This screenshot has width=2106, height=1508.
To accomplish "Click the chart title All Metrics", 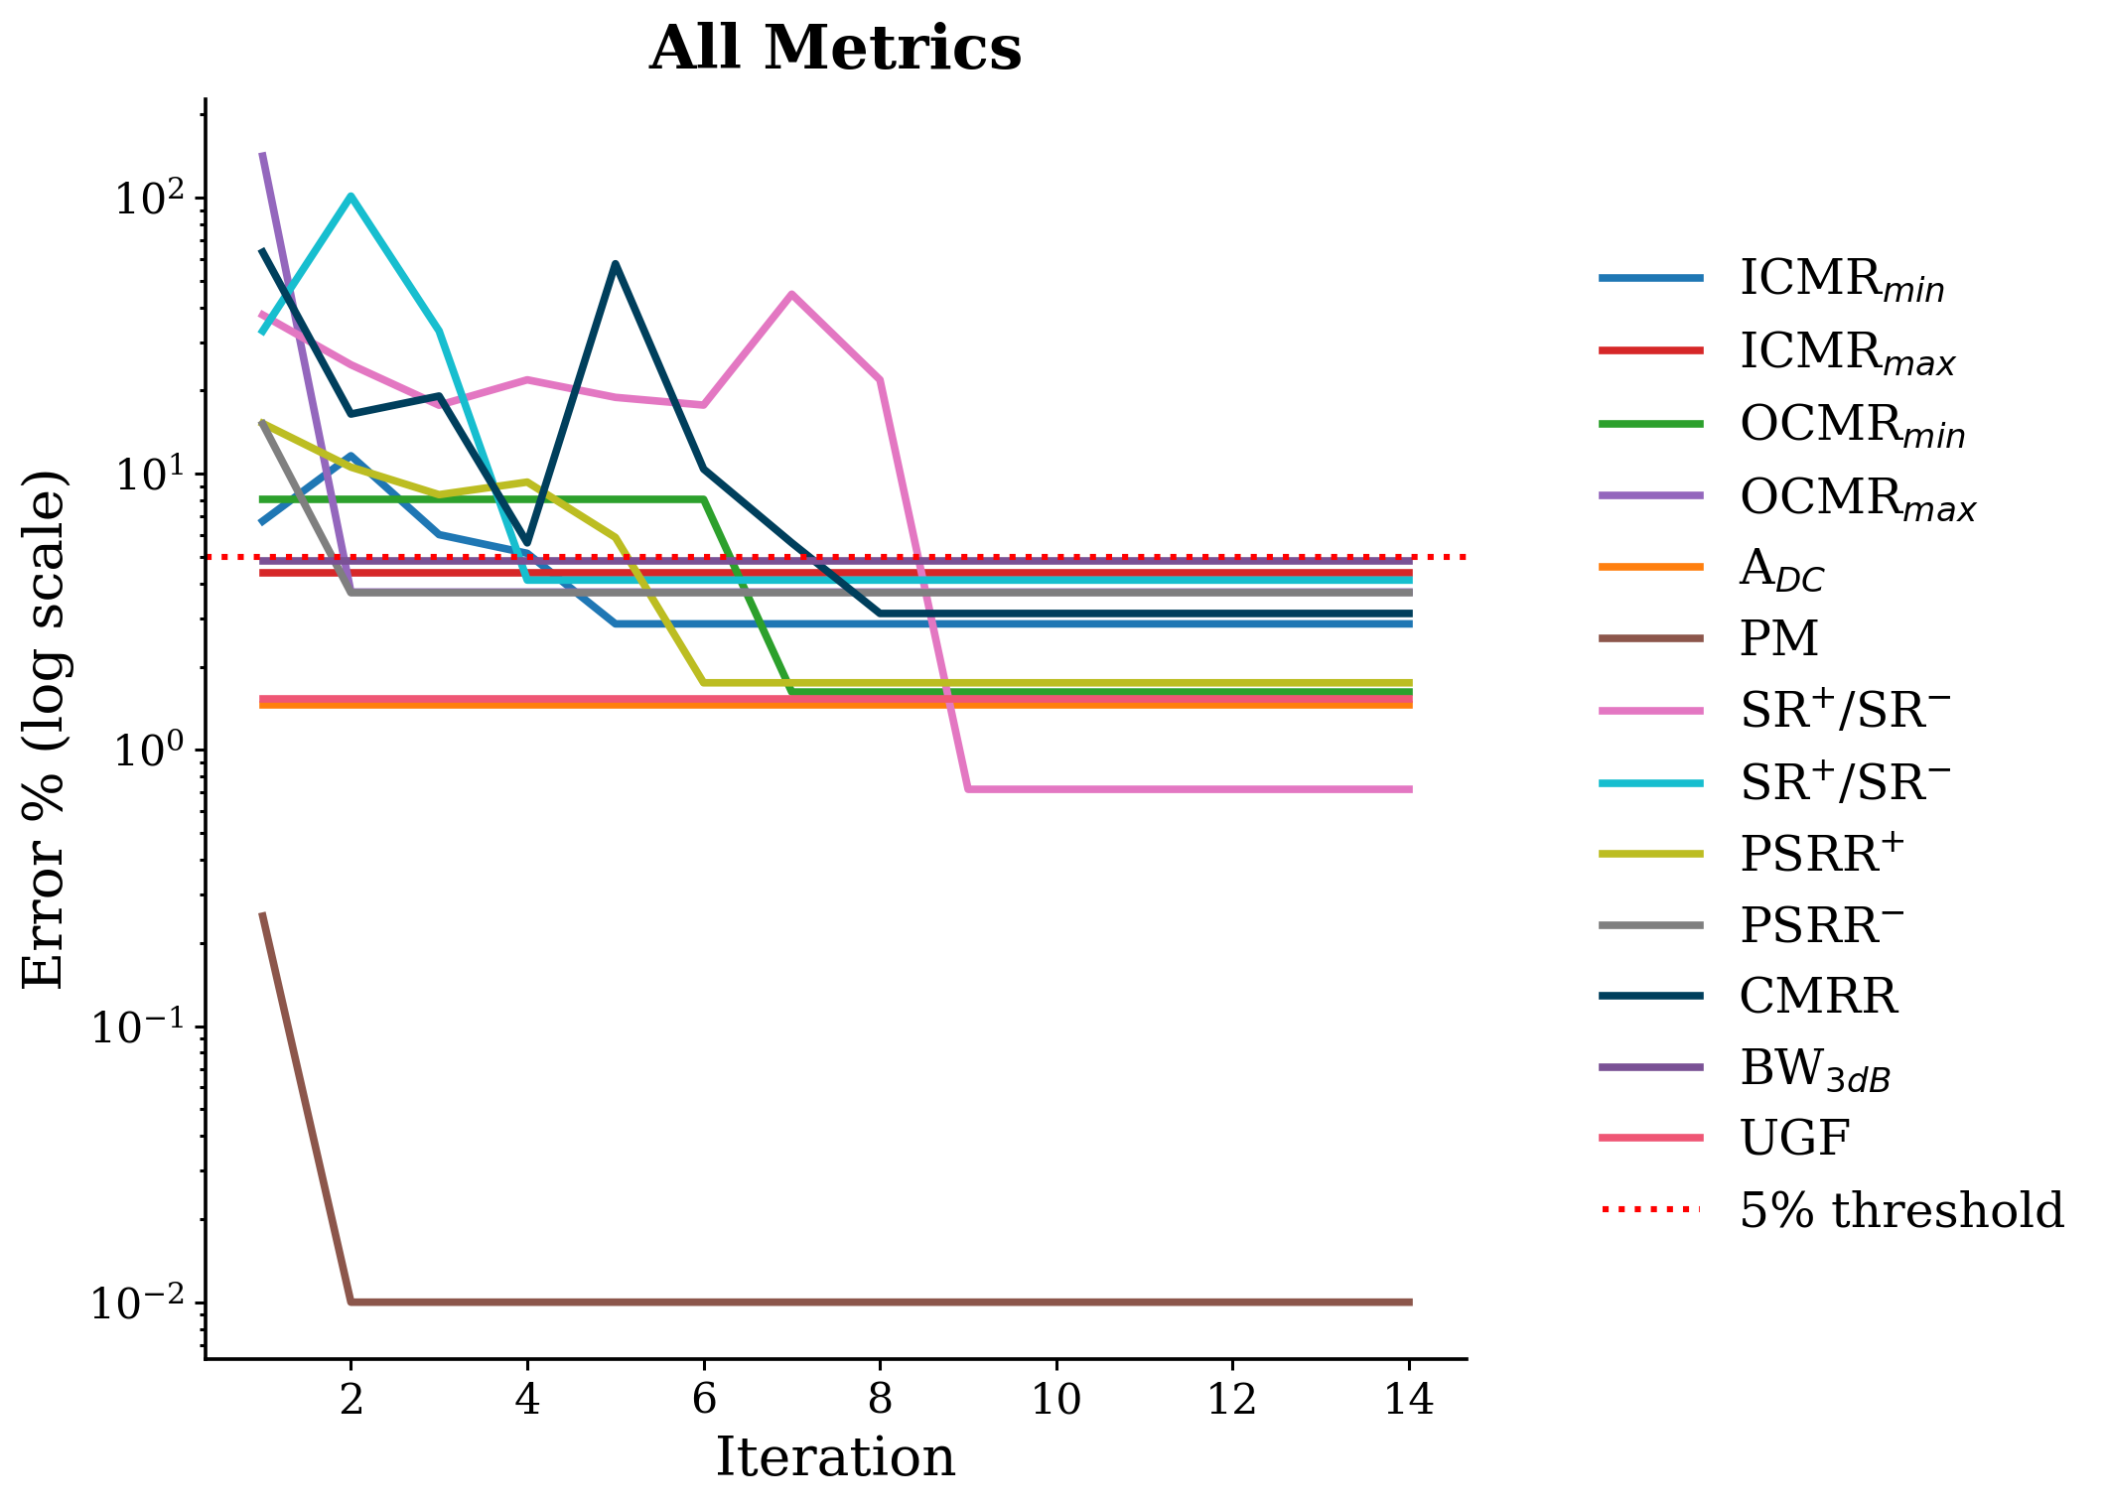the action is [x=835, y=48].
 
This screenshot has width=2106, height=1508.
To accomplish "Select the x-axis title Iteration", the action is [x=835, y=1457].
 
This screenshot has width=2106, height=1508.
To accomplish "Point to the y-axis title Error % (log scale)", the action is [x=45, y=729].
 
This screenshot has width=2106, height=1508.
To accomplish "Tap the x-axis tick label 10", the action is [x=1056, y=1399].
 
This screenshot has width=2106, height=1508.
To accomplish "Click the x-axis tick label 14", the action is [x=1409, y=1399].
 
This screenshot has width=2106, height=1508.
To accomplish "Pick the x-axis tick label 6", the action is [x=704, y=1399].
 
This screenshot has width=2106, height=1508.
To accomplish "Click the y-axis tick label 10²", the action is [x=149, y=198].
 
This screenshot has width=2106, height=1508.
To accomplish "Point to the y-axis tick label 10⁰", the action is [x=149, y=750].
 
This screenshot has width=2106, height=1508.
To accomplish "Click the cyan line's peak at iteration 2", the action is [x=351, y=196].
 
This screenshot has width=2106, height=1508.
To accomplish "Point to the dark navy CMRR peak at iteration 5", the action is [x=616, y=263].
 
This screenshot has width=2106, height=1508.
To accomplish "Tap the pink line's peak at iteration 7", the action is [x=791, y=294].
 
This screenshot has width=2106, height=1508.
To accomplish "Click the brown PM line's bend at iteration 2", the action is [x=351, y=1302].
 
